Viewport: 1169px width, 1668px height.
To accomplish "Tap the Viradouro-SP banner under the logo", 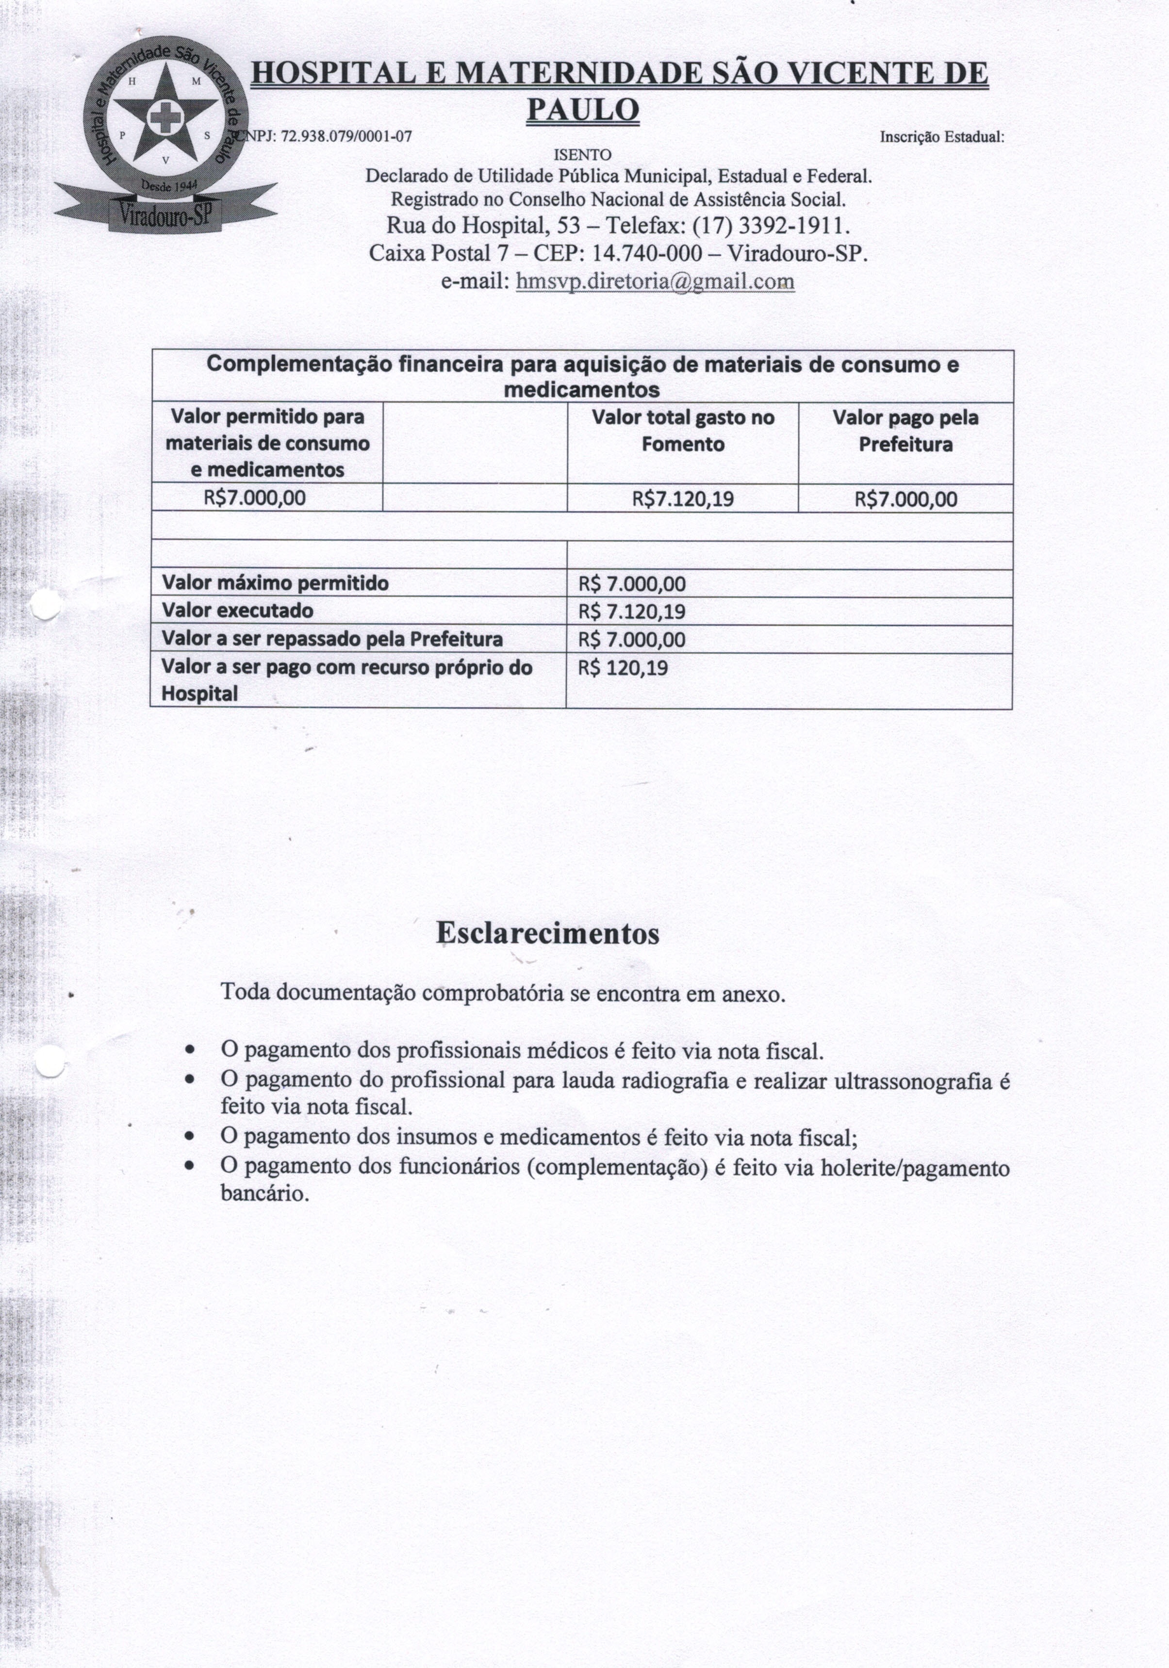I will (x=165, y=215).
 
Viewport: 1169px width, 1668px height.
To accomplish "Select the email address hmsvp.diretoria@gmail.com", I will (x=655, y=281).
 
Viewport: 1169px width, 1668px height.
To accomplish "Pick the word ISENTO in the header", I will (x=583, y=155).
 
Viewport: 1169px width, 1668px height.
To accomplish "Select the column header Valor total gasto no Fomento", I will (x=682, y=431).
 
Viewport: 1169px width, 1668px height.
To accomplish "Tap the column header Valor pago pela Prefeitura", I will (x=906, y=431).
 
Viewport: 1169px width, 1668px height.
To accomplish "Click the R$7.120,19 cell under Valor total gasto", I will (x=682, y=498).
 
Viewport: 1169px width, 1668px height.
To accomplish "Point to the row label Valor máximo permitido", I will (x=275, y=583).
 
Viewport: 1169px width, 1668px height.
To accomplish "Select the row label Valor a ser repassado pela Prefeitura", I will (x=331, y=639).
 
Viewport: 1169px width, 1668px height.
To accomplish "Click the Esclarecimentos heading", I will (x=548, y=933).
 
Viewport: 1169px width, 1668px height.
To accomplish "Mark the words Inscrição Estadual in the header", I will (x=941, y=136).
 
